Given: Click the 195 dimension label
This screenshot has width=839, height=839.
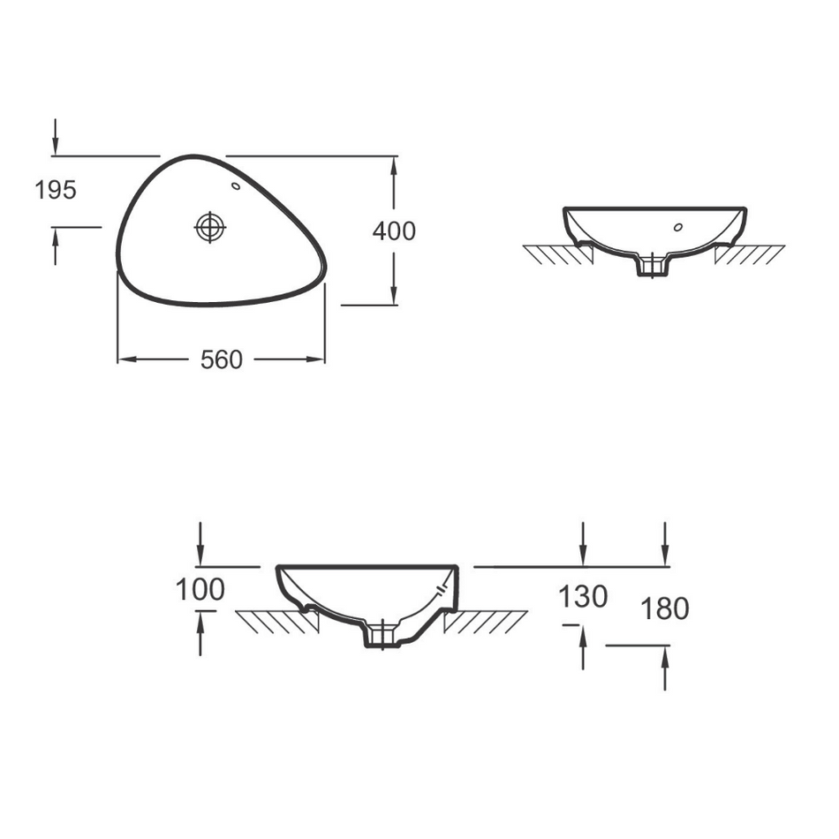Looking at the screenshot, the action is pos(56,190).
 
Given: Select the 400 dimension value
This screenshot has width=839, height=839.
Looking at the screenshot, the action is pos(394,231).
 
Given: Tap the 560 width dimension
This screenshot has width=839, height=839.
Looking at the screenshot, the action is pos(222,359).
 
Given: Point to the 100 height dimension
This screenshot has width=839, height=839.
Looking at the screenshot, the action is pos(200,590).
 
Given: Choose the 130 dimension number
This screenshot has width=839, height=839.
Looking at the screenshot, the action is pos(583,597).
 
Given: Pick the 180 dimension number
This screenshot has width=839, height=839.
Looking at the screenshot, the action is pos(664,608).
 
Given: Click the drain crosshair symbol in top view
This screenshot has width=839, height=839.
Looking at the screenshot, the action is pos(210,227).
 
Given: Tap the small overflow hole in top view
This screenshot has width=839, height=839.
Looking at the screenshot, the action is pos(236,186).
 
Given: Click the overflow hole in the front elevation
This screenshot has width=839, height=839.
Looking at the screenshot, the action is pos(678,227).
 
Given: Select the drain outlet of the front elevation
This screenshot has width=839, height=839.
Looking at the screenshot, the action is pos(653,266).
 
